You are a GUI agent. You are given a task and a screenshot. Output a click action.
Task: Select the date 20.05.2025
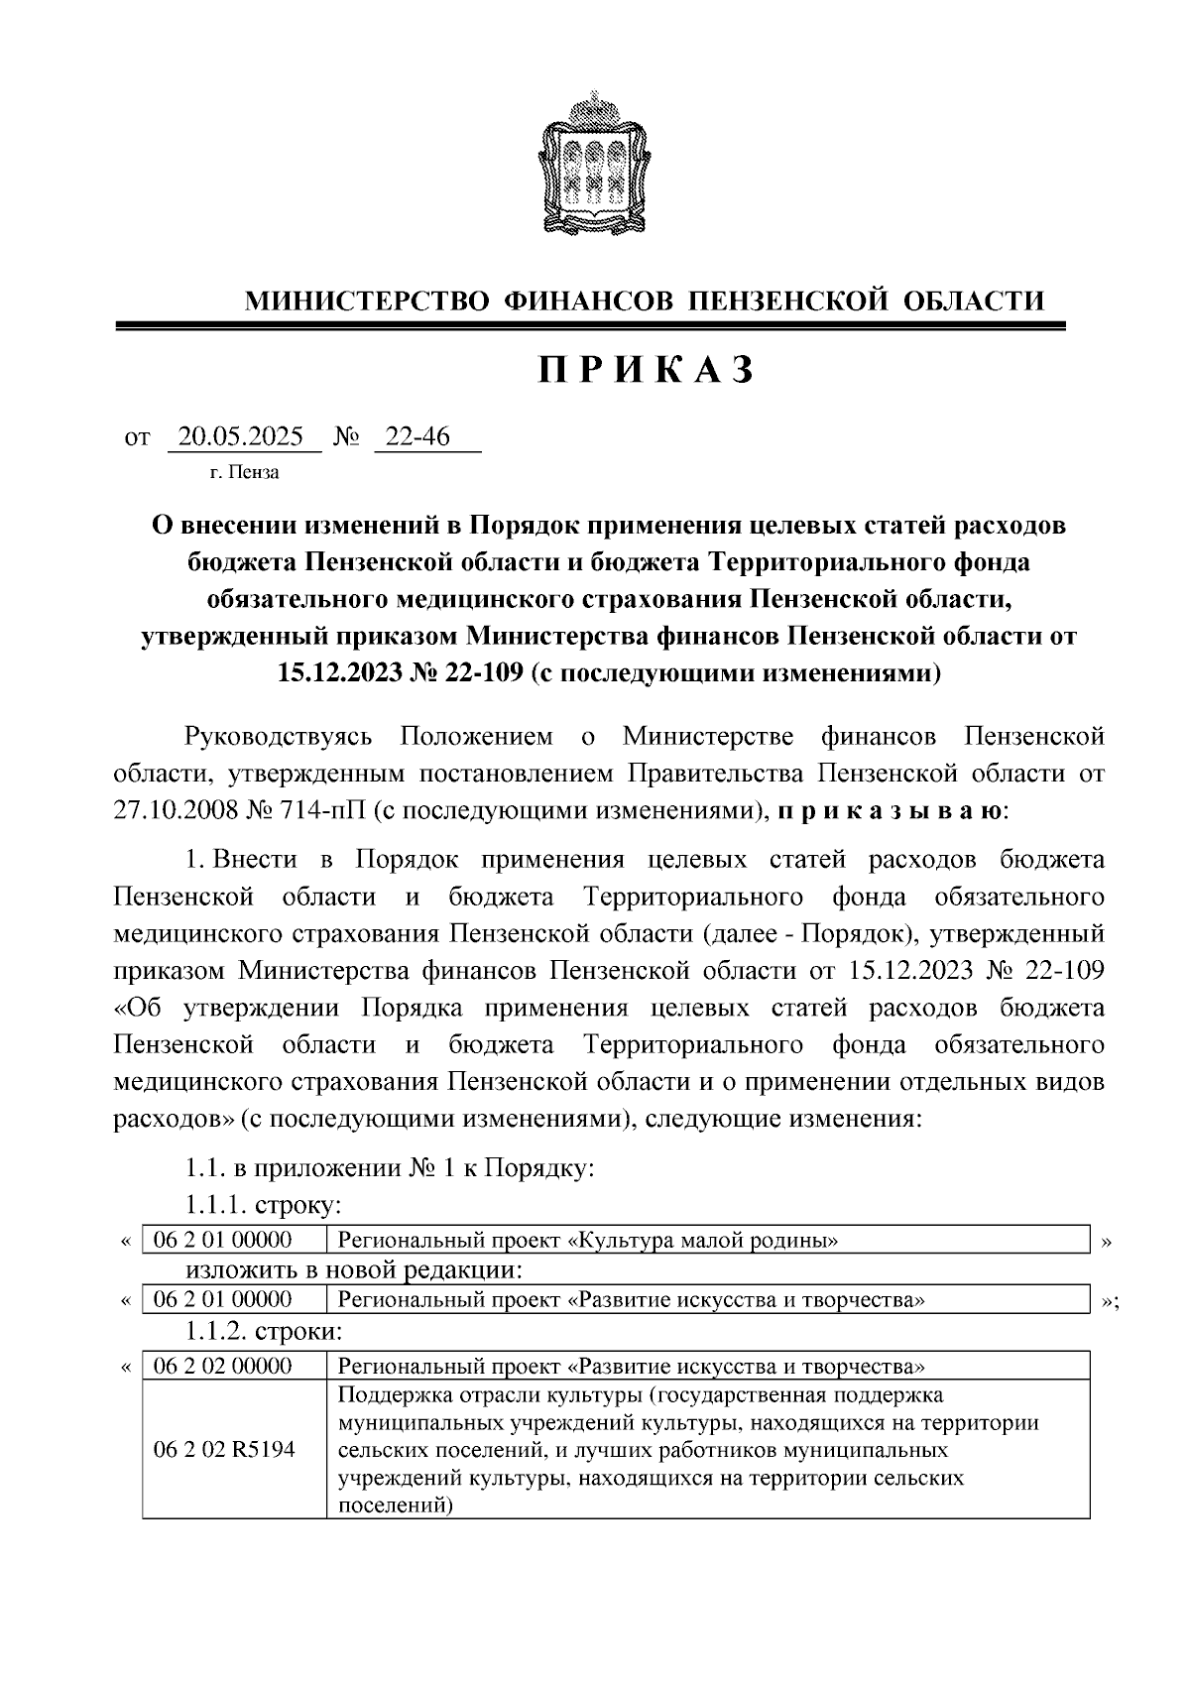coord(244,436)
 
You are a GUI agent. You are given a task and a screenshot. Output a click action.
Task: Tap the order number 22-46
coord(417,436)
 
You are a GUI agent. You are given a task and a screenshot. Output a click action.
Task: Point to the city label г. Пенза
coord(244,473)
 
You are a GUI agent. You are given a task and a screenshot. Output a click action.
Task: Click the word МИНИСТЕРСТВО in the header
coord(367,301)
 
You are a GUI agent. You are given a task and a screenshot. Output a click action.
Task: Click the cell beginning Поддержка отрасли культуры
coord(707,1450)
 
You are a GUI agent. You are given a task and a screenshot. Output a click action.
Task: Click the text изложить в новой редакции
coord(354,1270)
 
